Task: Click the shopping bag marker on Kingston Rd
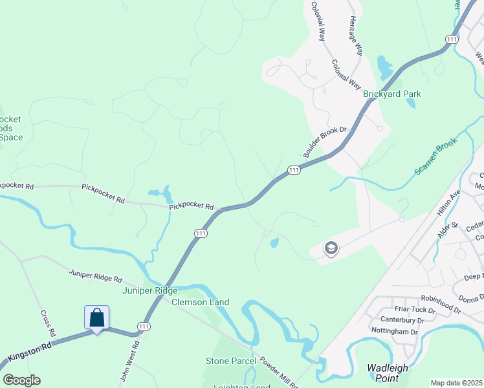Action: pos(96,318)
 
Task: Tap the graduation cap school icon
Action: pos(331,248)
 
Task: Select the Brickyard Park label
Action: pos(391,94)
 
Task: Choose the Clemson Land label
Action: pos(201,302)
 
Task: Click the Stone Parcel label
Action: pos(231,361)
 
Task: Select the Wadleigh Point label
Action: pos(388,373)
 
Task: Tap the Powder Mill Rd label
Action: pos(276,372)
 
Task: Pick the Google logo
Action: pos(21,380)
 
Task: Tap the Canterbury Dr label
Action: pos(402,320)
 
